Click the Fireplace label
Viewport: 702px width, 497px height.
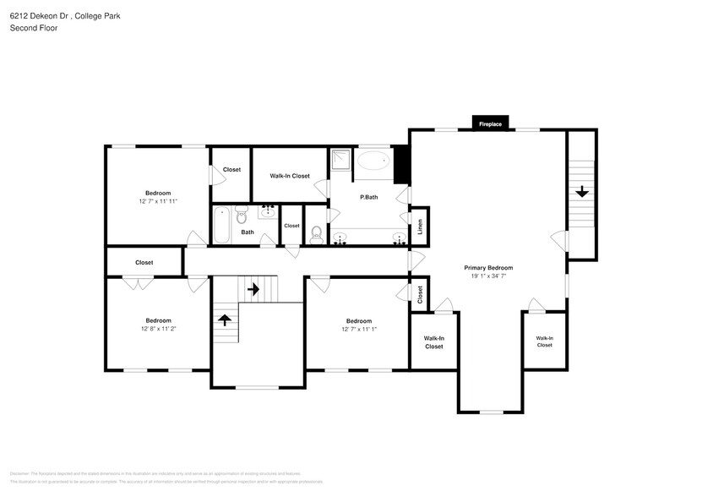[490, 124]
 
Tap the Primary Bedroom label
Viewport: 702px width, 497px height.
[488, 267]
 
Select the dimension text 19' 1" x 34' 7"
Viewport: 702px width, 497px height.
[488, 276]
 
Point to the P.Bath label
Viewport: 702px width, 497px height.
[368, 197]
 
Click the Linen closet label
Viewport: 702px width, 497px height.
[420, 227]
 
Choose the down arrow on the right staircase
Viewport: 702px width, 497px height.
[581, 192]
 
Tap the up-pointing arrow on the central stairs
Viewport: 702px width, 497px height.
[225, 319]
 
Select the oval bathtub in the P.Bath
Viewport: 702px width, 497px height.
[373, 162]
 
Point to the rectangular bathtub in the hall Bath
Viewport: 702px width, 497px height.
[221, 225]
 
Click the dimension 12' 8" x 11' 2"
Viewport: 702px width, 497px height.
[158, 330]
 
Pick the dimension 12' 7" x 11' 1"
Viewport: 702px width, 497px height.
[358, 330]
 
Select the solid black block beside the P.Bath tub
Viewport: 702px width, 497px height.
[401, 165]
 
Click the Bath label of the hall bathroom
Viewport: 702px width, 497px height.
[248, 232]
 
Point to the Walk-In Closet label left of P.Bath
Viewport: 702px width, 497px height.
[290, 176]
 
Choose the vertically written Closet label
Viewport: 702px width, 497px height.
[420, 294]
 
